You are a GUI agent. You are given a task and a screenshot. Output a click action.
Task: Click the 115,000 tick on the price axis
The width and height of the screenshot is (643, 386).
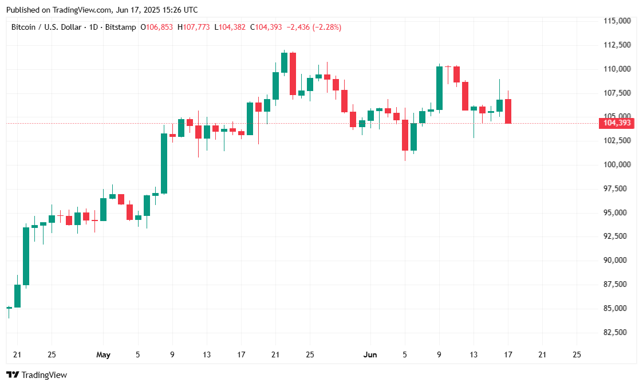click(x=618, y=21)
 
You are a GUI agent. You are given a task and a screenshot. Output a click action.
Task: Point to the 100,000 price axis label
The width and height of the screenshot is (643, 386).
click(x=618, y=164)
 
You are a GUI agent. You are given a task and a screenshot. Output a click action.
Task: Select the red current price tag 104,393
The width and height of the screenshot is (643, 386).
click(x=617, y=123)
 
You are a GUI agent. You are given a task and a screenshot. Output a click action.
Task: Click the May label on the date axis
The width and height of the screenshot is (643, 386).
click(x=103, y=355)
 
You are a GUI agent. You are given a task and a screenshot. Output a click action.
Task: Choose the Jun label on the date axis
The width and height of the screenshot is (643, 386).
click(x=370, y=355)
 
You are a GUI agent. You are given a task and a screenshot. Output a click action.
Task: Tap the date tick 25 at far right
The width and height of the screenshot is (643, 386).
click(x=577, y=355)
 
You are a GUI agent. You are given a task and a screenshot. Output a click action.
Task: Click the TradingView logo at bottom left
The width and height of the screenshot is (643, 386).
click(x=37, y=375)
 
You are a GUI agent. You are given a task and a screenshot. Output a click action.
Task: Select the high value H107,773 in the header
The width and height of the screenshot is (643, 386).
click(x=194, y=27)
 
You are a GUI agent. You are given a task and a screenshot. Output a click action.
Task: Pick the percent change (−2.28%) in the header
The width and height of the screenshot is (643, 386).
click(x=325, y=27)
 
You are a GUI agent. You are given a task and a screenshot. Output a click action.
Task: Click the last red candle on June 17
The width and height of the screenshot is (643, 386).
click(x=508, y=111)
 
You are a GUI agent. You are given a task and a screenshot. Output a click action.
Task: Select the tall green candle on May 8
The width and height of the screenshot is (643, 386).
click(x=164, y=163)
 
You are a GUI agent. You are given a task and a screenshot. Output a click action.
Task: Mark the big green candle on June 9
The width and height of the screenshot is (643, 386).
click(x=439, y=88)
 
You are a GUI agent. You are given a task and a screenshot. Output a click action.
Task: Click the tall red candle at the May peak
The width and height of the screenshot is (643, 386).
click(x=293, y=73)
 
